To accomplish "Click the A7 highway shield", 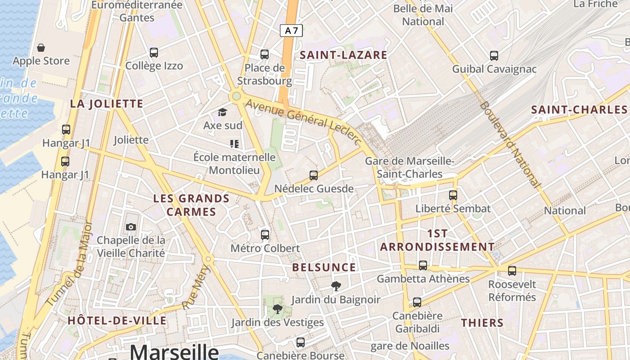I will pos(291,31).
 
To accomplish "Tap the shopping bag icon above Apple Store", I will pos(41,48).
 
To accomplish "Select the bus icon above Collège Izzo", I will pos(154,53).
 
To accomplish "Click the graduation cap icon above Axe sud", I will pos(222,112).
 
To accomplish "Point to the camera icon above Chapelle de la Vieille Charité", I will pos(131,227).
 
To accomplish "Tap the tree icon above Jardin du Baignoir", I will pos(336,286).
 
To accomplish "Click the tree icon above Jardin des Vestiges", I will pos(277,309).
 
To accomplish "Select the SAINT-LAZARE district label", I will pos(343,55).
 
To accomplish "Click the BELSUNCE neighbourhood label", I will pos(324,267).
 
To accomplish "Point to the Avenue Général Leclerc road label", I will pos(304,121).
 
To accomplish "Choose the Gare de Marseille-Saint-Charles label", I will pos(409,167).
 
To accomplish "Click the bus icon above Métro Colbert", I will pos(265,234).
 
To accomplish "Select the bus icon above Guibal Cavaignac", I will pos(494,56).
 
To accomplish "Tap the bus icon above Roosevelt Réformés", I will pos(512,271).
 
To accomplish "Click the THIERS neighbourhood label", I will pos(482,323).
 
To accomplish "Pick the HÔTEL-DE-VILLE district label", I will pos(117,320).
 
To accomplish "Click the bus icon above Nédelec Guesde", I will pos(314,175).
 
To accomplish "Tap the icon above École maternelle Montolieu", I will pos(234,144).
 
